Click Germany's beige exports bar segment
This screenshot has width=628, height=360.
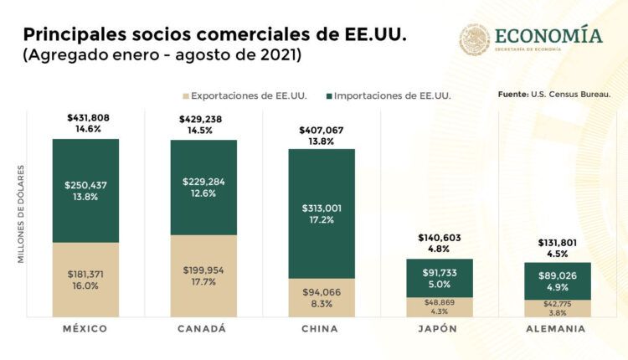click(558, 309)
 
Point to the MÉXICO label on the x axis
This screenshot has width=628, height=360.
click(85, 329)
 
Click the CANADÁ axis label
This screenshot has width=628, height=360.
click(203, 329)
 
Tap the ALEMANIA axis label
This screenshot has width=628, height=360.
click(558, 329)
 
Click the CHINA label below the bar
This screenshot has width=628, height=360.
click(322, 329)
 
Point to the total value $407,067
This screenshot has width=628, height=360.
click(322, 130)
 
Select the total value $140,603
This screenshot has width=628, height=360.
click(439, 238)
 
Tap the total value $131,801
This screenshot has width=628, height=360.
click(557, 243)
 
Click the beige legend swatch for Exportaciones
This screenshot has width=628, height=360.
click(186, 96)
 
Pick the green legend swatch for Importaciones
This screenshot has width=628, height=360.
click(328, 96)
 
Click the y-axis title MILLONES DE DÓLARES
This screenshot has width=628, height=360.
click(21, 214)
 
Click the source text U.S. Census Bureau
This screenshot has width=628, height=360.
click(577, 94)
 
